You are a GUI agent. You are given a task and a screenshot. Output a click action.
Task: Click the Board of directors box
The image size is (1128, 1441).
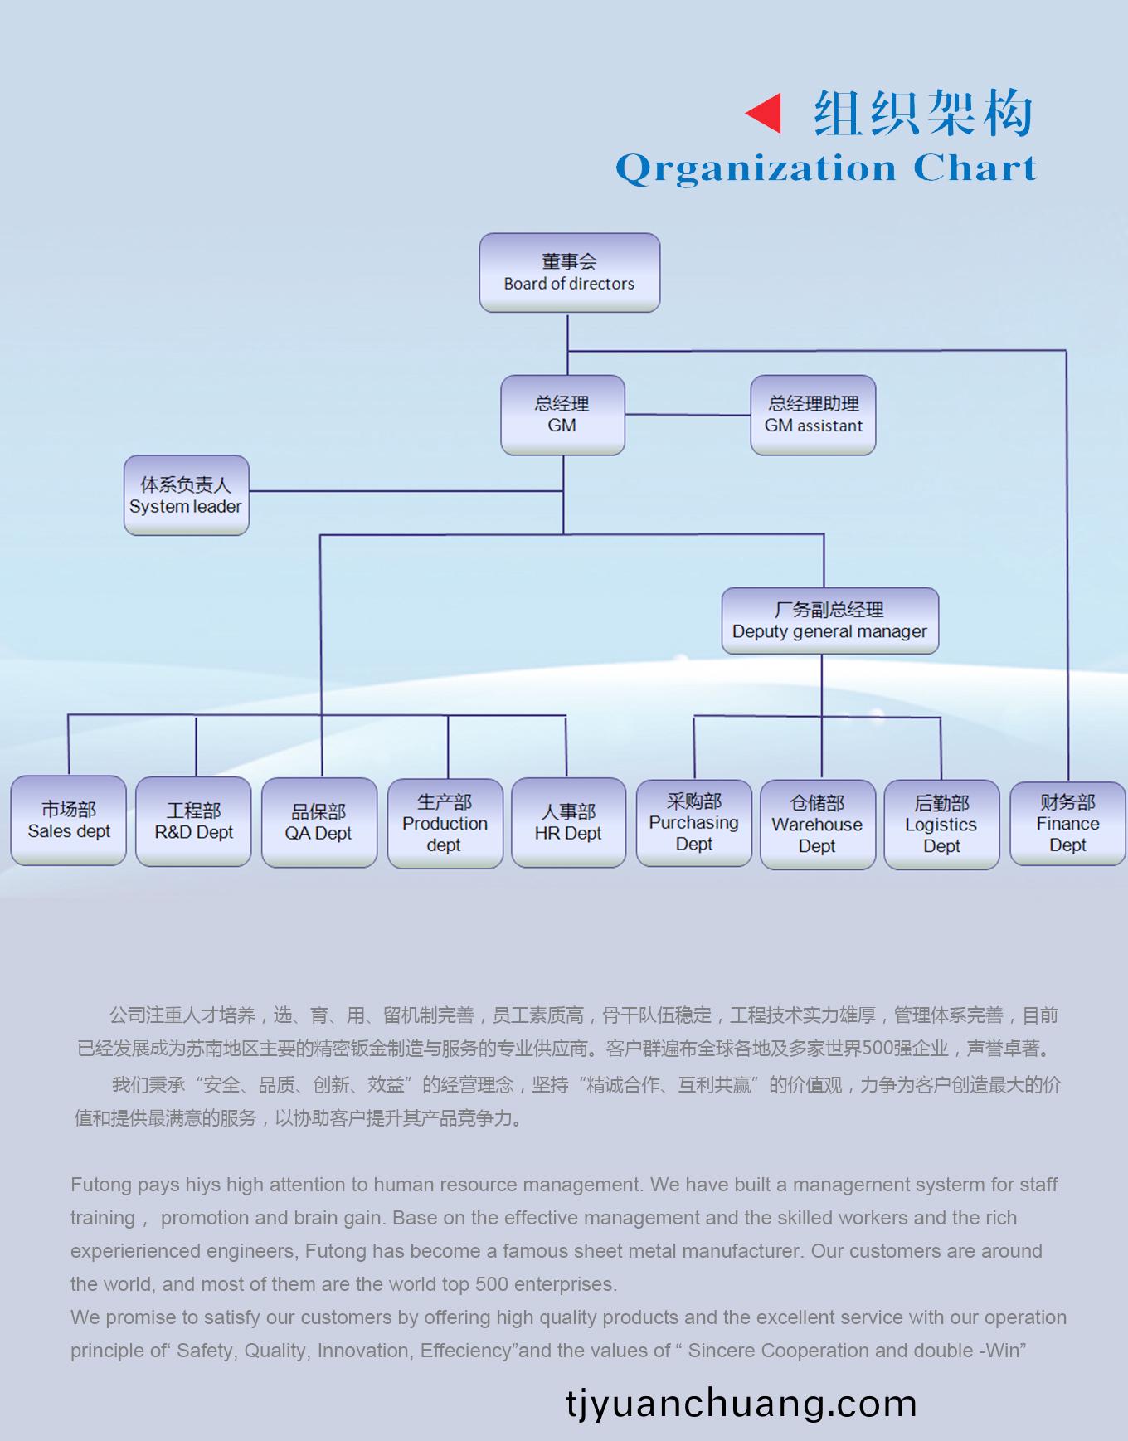569,273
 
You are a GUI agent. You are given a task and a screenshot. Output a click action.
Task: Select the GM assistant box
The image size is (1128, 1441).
813,415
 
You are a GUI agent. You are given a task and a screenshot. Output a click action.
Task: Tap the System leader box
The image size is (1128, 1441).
186,495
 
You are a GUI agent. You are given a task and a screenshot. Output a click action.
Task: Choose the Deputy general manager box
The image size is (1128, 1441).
829,621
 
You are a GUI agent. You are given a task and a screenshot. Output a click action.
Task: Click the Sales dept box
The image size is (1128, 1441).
69,820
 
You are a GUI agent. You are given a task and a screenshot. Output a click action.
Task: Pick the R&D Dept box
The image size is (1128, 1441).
193,821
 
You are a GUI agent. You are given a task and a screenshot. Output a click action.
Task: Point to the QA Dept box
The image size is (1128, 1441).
319,822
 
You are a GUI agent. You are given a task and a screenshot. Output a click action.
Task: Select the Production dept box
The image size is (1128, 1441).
445,823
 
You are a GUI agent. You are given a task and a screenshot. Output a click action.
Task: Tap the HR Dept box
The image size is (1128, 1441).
568,822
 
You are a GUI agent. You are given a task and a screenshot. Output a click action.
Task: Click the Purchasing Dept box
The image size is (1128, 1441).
694,822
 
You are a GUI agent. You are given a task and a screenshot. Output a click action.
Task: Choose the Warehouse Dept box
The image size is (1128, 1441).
818,824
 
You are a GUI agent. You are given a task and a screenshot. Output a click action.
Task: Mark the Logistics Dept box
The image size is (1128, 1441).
941,824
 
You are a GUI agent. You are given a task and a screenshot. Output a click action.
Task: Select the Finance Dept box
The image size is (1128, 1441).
1067,823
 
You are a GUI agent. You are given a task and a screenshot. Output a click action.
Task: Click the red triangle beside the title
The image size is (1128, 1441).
765,113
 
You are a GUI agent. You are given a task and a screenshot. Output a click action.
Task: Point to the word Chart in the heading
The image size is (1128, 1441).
975,168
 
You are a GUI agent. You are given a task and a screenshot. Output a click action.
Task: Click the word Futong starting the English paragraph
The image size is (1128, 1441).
101,1185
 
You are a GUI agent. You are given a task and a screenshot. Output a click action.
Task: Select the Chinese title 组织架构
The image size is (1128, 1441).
922,113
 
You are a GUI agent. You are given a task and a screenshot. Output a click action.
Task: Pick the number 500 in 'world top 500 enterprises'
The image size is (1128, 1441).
492,1284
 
